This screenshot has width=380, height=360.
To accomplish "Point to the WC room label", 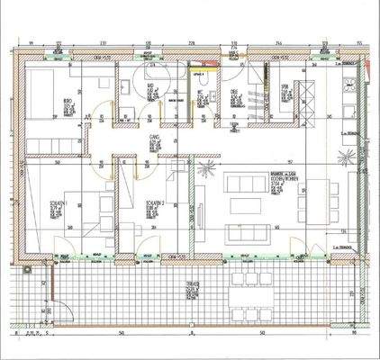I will click(200, 90).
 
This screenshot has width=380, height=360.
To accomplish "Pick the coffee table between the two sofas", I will click(249, 203).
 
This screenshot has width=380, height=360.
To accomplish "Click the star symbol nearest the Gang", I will click(206, 167).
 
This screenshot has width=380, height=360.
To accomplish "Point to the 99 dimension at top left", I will click(32, 42).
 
